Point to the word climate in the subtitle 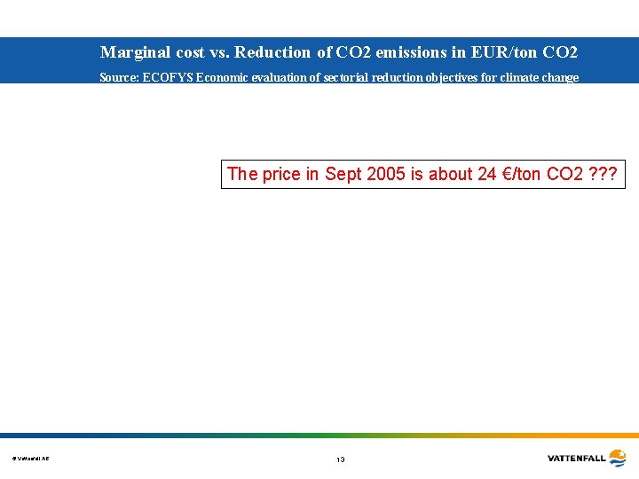523,78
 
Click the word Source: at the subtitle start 119,78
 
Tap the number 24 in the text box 486,174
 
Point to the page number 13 340,459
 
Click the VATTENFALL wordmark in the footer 576,459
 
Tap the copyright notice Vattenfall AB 31,459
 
